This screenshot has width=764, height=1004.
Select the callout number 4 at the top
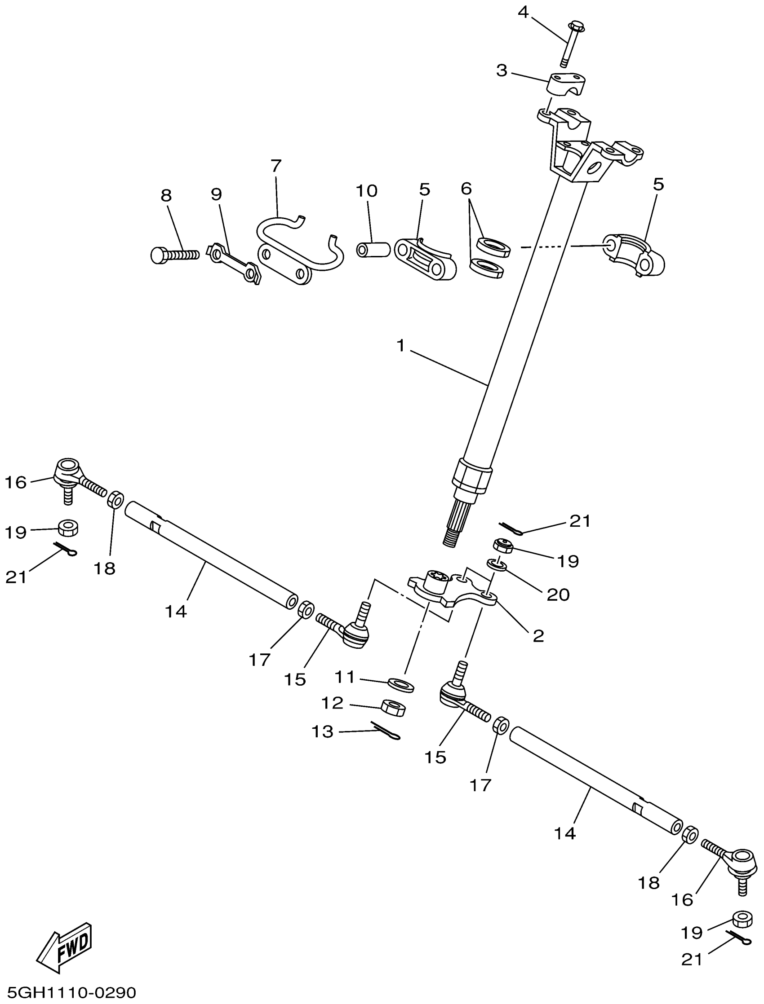pyautogui.click(x=524, y=12)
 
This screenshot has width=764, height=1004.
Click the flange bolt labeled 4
pyautogui.click(x=570, y=43)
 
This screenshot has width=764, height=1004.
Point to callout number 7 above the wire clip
pyautogui.click(x=276, y=166)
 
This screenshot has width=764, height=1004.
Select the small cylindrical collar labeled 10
pyautogui.click(x=373, y=250)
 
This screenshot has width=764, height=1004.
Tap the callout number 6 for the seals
pyautogui.click(x=466, y=189)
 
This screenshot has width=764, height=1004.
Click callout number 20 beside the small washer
pyautogui.click(x=558, y=594)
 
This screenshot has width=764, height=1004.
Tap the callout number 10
pyautogui.click(x=367, y=191)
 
